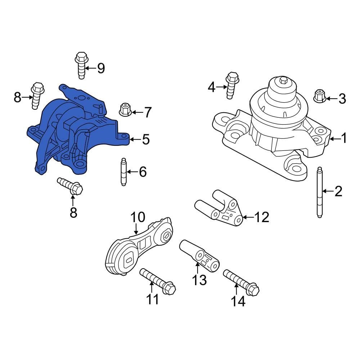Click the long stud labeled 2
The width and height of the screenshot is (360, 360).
[x=319, y=192]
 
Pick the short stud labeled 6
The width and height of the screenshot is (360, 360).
[x=123, y=172]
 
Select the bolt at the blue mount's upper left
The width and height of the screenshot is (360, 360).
[x=37, y=95]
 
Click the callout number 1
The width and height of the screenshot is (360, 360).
[x=343, y=138]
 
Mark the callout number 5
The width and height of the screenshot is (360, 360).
[x=145, y=139]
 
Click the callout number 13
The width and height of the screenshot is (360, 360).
[x=199, y=279]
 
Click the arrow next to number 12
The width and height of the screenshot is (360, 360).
[x=248, y=217]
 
